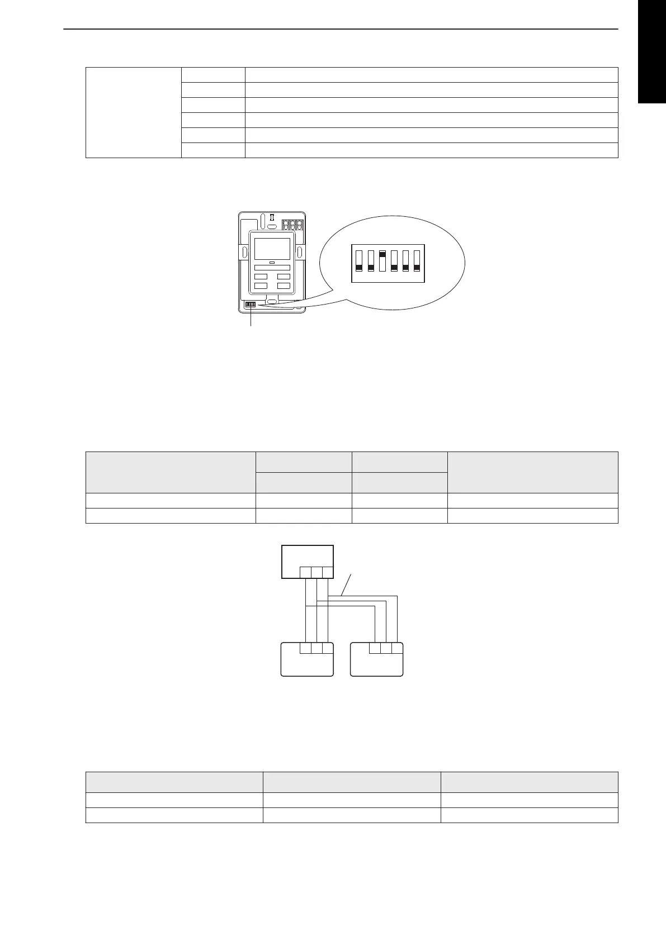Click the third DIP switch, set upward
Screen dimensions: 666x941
382,261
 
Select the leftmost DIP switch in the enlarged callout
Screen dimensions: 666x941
359,261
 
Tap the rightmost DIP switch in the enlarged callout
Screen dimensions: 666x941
417,261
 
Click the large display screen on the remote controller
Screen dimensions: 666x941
272,249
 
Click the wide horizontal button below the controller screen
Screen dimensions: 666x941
272,268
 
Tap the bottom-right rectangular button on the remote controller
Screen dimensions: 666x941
284,286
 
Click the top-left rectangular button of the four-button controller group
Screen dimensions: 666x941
261,277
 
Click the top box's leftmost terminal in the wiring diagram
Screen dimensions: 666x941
306,572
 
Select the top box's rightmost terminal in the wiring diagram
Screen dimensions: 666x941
328,572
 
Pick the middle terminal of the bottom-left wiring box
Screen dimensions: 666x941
317,648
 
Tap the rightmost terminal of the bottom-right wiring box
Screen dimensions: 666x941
397,648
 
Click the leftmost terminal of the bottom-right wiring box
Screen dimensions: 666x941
375,648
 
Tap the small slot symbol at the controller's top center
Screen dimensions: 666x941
272,217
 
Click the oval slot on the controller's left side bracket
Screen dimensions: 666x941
243,252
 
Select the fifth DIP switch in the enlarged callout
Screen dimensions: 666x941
405,261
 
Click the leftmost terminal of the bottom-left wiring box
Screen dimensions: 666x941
306,648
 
